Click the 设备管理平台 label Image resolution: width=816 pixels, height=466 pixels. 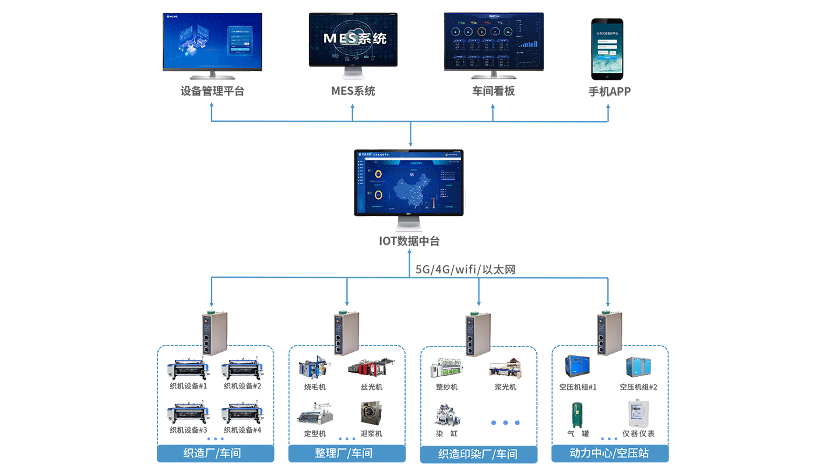tap(212, 91)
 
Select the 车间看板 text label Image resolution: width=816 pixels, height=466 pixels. tap(493, 91)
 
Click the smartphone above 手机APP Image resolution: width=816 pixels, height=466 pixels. tap(607, 49)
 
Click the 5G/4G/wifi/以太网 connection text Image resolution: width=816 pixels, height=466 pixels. tap(465, 269)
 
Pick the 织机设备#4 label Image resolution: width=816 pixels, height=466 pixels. tap(242, 430)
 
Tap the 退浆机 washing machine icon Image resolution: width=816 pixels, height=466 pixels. tap(371, 412)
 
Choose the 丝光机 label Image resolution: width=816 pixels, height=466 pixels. tap(371, 387)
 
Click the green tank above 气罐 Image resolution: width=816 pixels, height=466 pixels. tap(577, 415)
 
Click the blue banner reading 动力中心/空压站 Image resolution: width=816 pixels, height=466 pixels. tap(610, 453)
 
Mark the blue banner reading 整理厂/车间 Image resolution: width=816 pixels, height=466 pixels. tap(347, 453)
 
